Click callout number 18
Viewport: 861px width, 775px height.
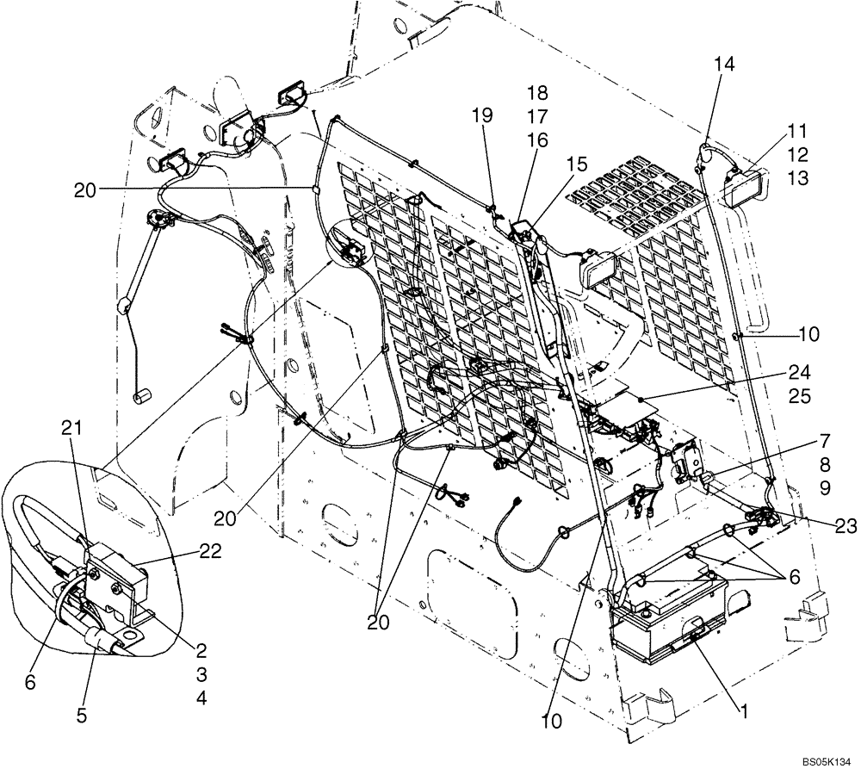pyautogui.click(x=537, y=92)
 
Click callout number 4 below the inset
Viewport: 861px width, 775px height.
pyautogui.click(x=201, y=699)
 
